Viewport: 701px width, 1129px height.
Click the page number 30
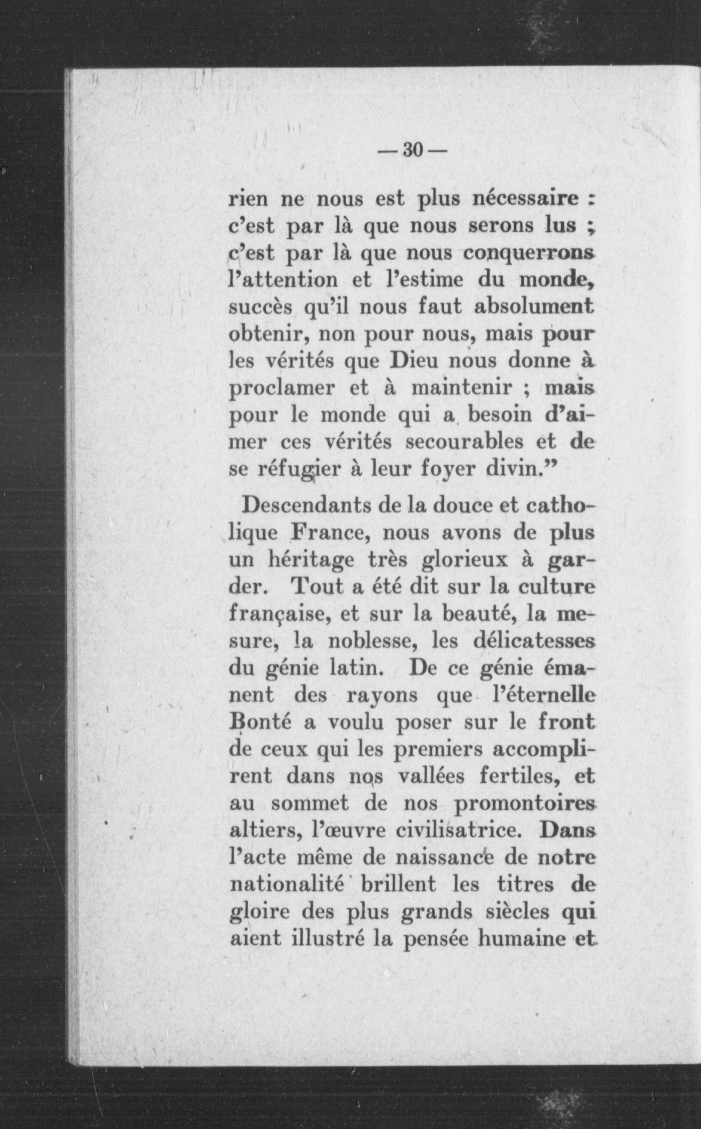pos(412,150)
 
